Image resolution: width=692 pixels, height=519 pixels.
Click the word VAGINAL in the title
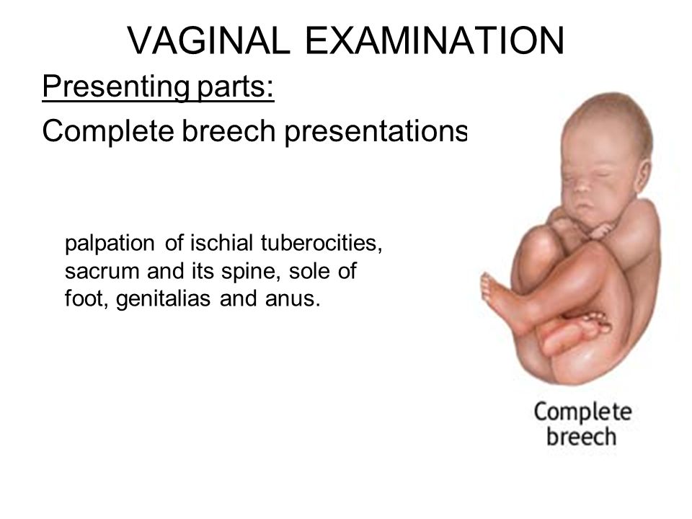point(209,40)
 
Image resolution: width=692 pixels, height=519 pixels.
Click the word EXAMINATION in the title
point(435,40)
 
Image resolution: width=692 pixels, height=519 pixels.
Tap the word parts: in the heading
point(236,88)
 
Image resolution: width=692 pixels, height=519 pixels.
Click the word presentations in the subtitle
point(376,131)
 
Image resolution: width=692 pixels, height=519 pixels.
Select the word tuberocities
point(321,243)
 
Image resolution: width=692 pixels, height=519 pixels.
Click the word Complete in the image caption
point(582,412)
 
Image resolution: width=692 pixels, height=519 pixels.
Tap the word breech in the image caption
point(581,437)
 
